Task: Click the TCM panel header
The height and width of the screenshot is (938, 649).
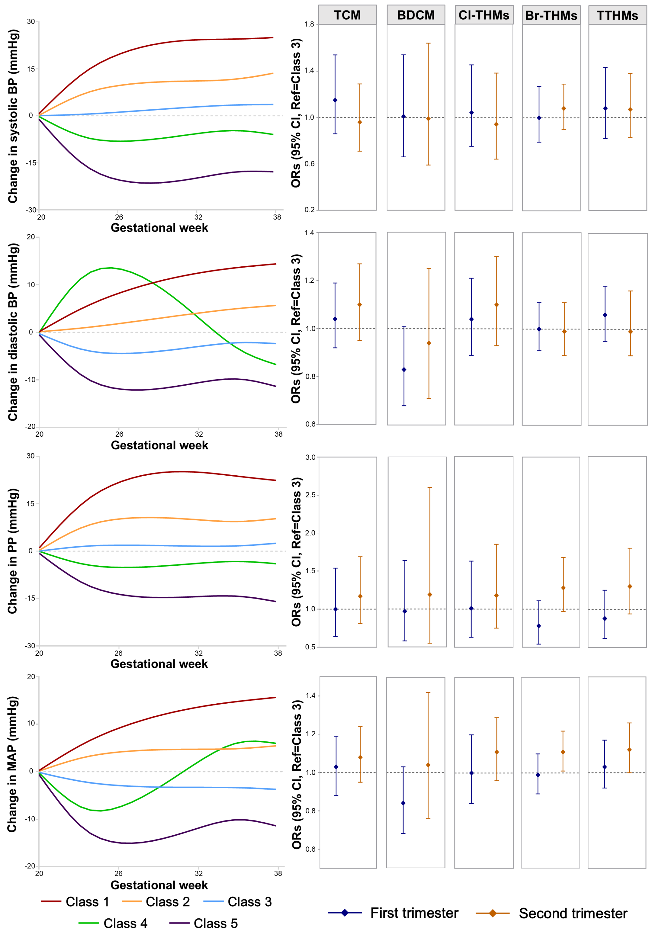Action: (347, 15)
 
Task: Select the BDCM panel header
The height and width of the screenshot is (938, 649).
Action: (415, 15)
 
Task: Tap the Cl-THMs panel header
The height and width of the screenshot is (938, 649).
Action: (484, 15)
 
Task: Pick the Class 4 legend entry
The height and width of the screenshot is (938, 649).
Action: (113, 923)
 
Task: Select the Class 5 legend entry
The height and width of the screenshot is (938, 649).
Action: (203, 923)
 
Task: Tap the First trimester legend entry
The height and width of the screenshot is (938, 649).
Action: (393, 913)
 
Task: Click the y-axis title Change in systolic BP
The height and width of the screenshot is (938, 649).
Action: (13, 116)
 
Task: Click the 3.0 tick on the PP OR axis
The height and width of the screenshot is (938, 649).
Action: (310, 457)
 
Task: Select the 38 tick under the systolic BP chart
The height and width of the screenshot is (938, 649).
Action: (277, 217)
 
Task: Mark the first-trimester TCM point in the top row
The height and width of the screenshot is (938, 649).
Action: (335, 100)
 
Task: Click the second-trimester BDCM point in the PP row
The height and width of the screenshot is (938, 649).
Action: (430, 595)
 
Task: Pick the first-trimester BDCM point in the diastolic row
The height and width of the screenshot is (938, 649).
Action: (404, 369)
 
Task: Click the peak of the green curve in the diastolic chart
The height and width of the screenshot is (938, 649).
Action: (111, 267)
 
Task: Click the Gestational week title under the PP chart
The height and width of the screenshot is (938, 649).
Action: (159, 664)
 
